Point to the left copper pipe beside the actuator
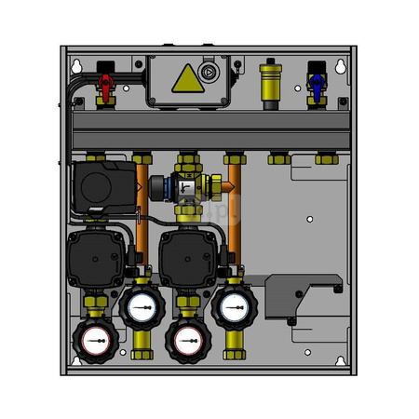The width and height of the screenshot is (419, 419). coord(142,200)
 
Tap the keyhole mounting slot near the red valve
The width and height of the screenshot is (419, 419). coord(77,66)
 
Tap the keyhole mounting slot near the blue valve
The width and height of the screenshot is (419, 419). coord(340,66)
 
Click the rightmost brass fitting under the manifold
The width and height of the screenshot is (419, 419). coord(325,159)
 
